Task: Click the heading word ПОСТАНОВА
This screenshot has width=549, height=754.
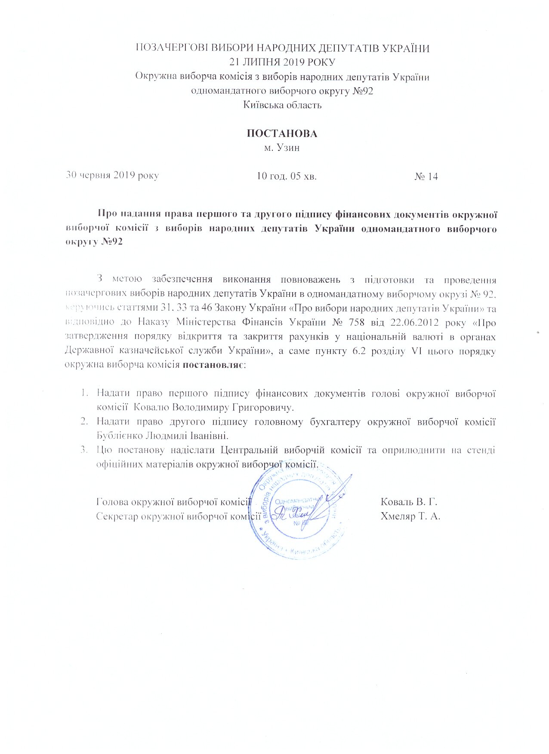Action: [x=282, y=134]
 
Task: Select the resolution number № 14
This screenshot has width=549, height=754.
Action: [x=426, y=177]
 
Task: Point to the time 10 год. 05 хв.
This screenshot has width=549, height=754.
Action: [x=287, y=176]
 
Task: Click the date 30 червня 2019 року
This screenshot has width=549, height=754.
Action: [x=112, y=176]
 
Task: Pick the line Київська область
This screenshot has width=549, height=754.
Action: [x=282, y=105]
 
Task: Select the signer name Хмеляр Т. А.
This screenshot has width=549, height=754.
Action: [x=410, y=516]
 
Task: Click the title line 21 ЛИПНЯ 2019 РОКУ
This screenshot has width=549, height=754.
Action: [x=282, y=62]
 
